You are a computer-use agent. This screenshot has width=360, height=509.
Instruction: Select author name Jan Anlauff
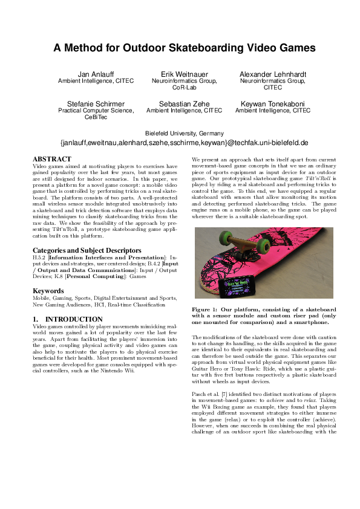coord(95,73)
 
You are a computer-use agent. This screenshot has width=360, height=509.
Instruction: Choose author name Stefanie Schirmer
coord(96,103)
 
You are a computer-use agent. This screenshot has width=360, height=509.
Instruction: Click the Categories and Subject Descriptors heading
coord(88,250)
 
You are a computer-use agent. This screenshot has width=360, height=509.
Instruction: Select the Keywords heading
coord(48,291)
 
